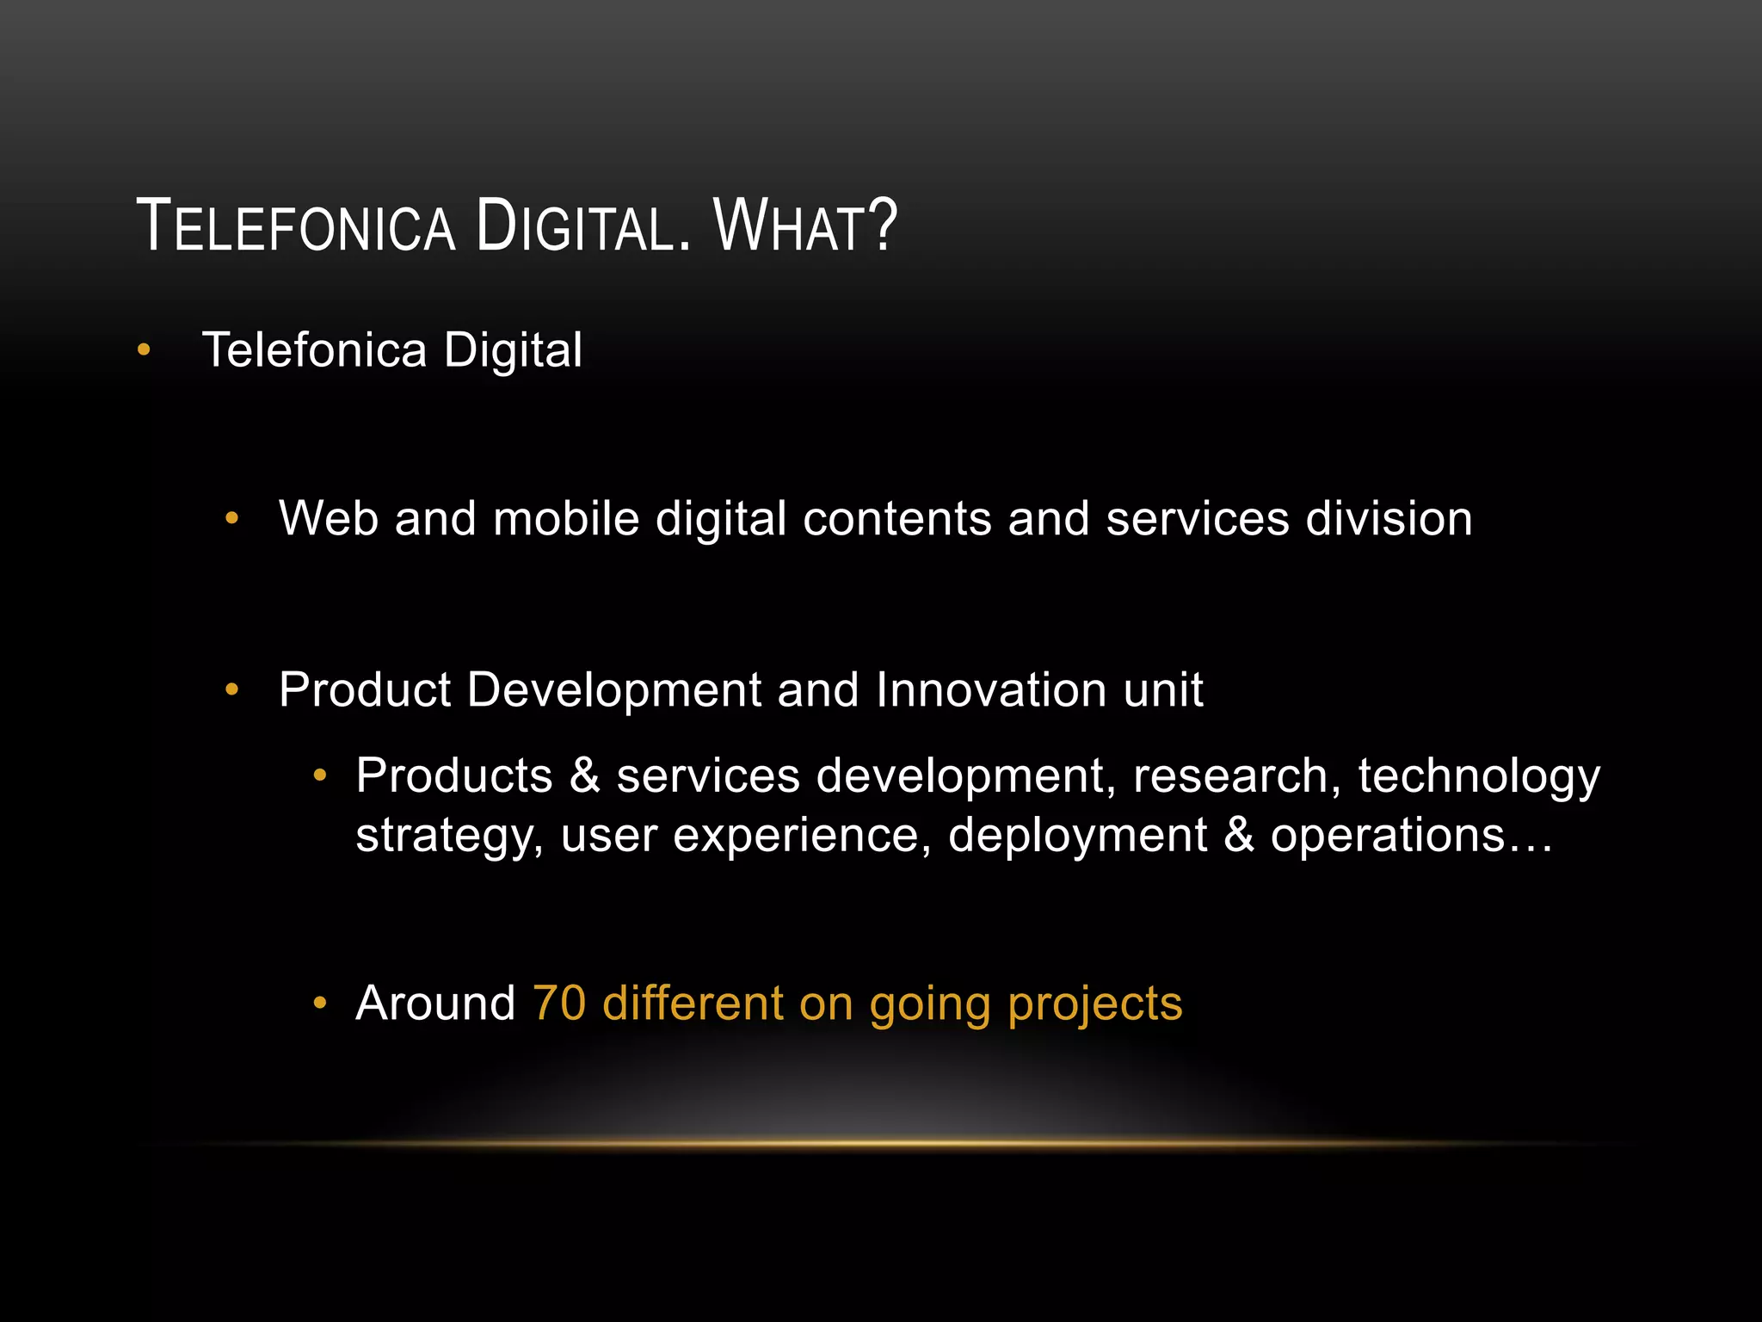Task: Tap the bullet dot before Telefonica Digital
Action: (x=144, y=350)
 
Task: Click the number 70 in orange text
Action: (x=559, y=1004)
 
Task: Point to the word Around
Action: (x=435, y=1004)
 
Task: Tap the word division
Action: (x=1389, y=519)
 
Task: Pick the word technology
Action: (x=1479, y=777)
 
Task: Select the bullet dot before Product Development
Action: (x=231, y=690)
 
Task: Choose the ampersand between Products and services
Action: (x=584, y=775)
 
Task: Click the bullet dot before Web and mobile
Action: (x=231, y=519)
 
